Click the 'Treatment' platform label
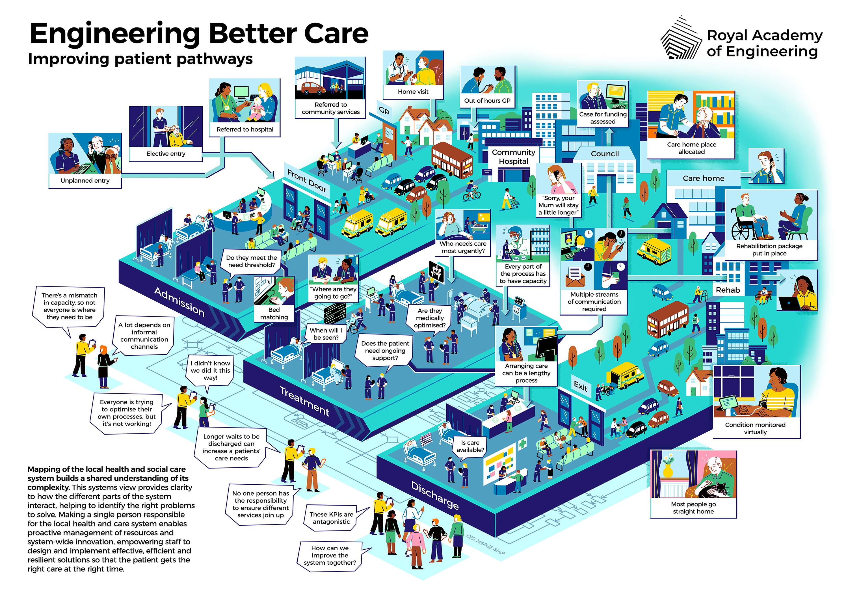click(304, 401)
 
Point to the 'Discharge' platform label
click(435, 495)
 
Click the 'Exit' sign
click(580, 387)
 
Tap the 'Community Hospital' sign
click(513, 157)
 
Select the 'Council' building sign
click(605, 154)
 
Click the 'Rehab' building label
click(728, 290)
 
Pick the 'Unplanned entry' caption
click(85, 181)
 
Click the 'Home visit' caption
click(413, 92)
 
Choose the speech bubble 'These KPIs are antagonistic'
click(331, 518)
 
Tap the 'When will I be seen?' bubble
click(326, 334)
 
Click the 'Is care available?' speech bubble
click(470, 446)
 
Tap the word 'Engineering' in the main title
click(115, 34)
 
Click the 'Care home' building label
click(703, 178)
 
